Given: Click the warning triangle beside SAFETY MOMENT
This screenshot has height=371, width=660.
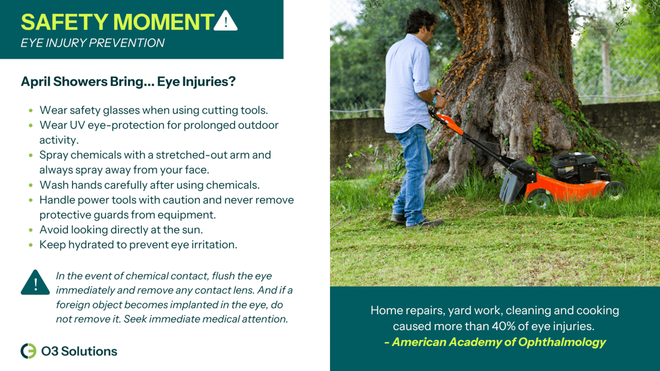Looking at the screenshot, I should pos(226,21).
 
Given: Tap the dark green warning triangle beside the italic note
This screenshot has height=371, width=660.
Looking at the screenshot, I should pos(35,283).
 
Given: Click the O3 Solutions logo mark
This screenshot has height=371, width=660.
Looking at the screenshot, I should pos(28,351).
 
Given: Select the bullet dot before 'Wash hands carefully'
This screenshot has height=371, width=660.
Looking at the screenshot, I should pos(32,185).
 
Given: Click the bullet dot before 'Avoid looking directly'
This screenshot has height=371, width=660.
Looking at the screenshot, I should pos(32,230).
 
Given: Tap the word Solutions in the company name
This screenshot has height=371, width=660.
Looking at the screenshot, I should pos(88,351).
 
